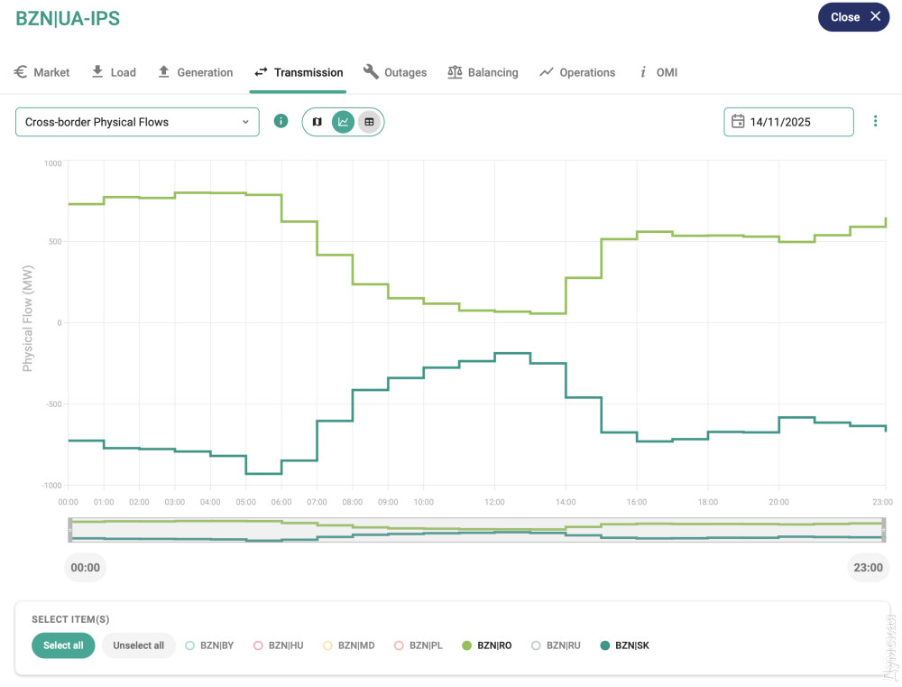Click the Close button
(853, 17)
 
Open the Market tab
(42, 72)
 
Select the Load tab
(114, 72)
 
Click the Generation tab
(195, 72)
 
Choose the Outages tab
(395, 72)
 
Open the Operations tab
(577, 72)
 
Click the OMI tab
(658, 72)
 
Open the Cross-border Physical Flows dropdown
(137, 122)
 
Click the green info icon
(281, 121)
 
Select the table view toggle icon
(368, 122)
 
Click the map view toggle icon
(317, 122)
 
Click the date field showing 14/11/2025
(788, 122)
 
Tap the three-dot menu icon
(875, 122)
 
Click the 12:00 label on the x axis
(494, 502)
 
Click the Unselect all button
(138, 645)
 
